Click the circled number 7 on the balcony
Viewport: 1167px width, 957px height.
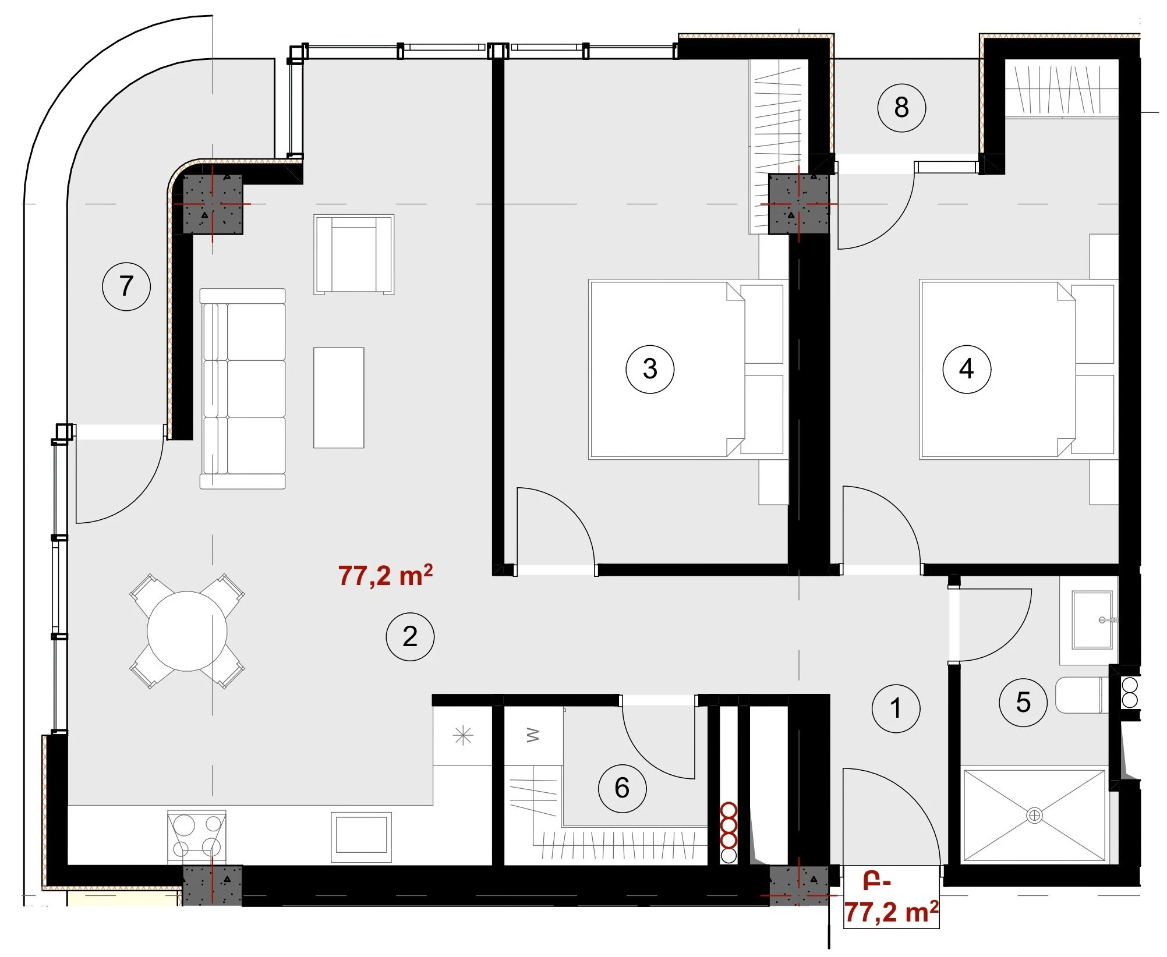coord(126,286)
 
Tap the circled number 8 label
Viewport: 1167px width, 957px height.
coord(901,108)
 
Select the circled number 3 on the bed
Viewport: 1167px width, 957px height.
coord(650,368)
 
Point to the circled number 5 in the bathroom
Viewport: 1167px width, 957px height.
coord(1023,702)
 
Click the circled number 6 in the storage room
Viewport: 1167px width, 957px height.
coord(622,788)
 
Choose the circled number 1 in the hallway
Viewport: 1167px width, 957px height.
coord(896,708)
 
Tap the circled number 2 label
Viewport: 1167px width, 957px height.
coord(410,637)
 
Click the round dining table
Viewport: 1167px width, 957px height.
coord(187,631)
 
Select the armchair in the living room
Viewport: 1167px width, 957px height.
coord(354,254)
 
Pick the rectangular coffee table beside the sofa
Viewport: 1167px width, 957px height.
coord(339,398)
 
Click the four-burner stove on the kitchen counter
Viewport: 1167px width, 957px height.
coord(197,837)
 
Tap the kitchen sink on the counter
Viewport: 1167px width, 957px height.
coord(361,837)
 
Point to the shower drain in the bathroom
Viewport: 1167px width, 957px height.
coord(1034,816)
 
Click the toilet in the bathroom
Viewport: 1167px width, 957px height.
coord(1082,695)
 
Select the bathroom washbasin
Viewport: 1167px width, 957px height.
coord(1092,620)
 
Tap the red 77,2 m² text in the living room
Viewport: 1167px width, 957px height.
coord(386,575)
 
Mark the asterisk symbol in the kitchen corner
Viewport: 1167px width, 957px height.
coord(463,736)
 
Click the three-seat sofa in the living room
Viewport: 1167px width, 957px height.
coord(243,388)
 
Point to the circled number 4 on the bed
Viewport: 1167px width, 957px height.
coord(967,368)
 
